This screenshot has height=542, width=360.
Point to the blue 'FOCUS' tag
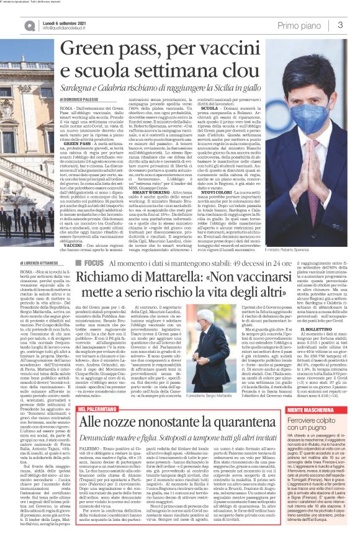tap(101, 264)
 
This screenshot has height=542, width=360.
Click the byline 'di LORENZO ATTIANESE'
tap(25, 264)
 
